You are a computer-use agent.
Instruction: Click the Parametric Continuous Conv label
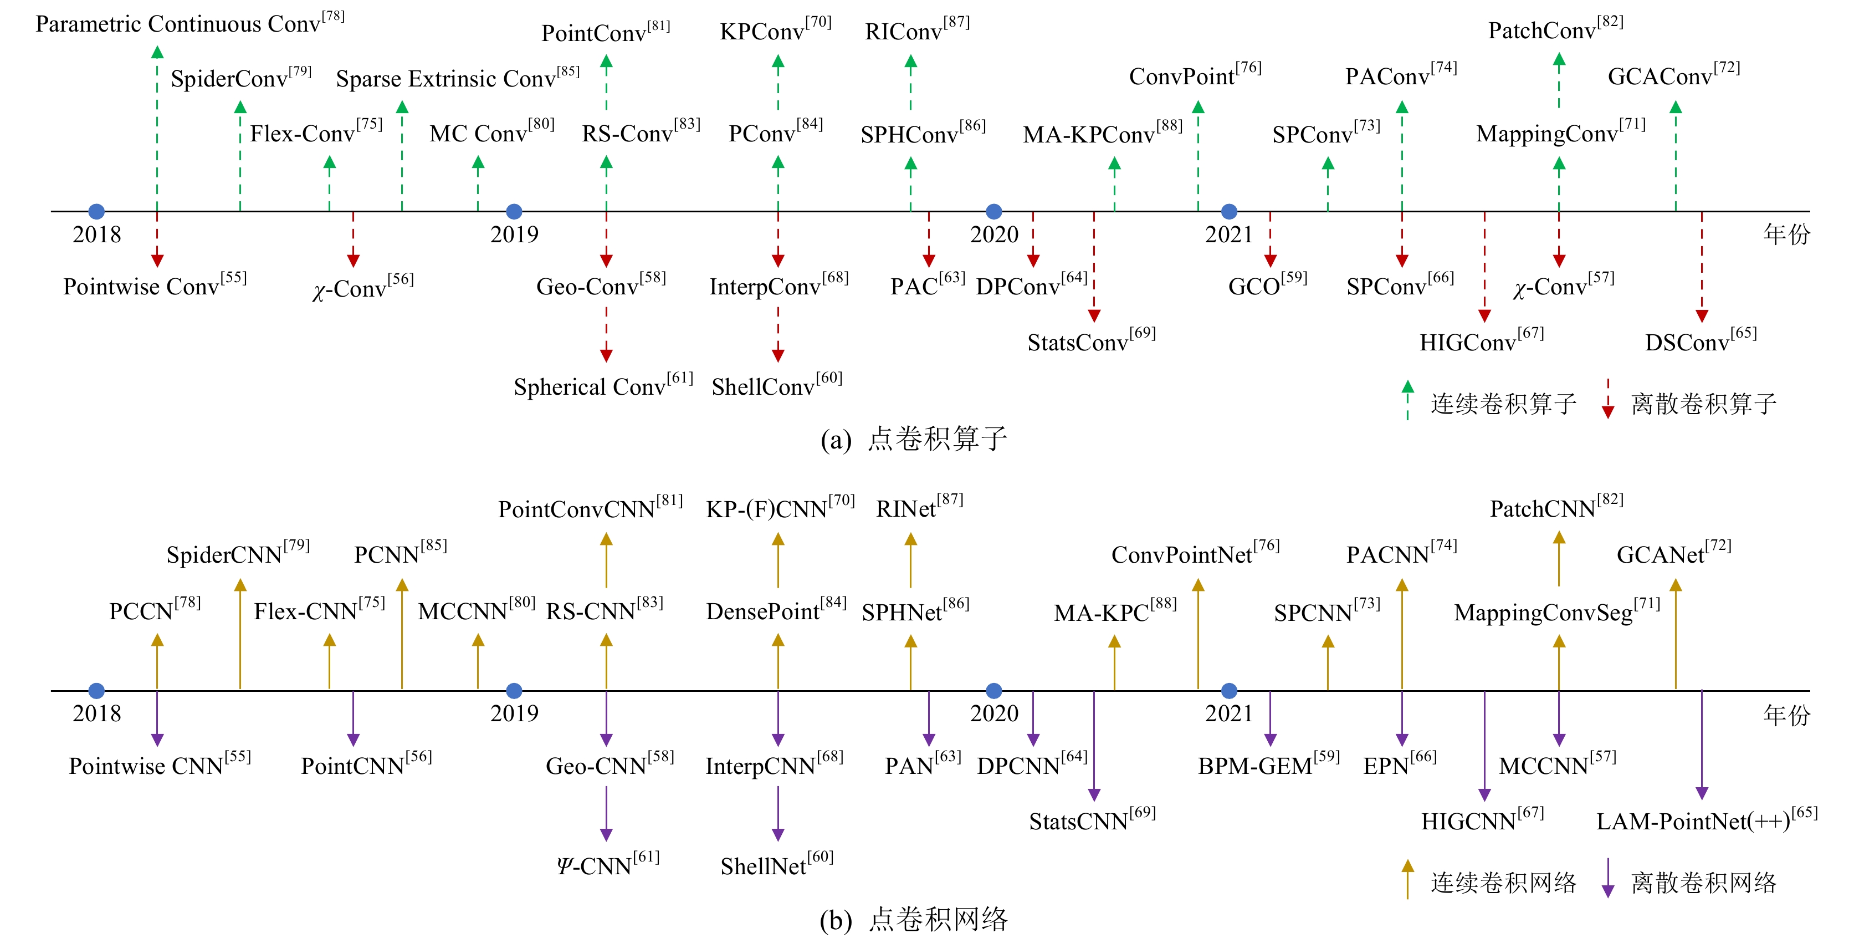(190, 24)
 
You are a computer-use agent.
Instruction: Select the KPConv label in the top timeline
(775, 32)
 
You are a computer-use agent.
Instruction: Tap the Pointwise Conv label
(155, 286)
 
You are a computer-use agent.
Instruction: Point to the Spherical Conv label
(603, 386)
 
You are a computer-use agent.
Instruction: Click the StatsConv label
(1091, 342)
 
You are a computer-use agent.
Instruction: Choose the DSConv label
(1701, 342)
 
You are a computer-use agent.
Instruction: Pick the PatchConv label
(1555, 30)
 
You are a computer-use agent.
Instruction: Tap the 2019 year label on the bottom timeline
(514, 713)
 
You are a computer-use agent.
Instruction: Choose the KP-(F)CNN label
(780, 509)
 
